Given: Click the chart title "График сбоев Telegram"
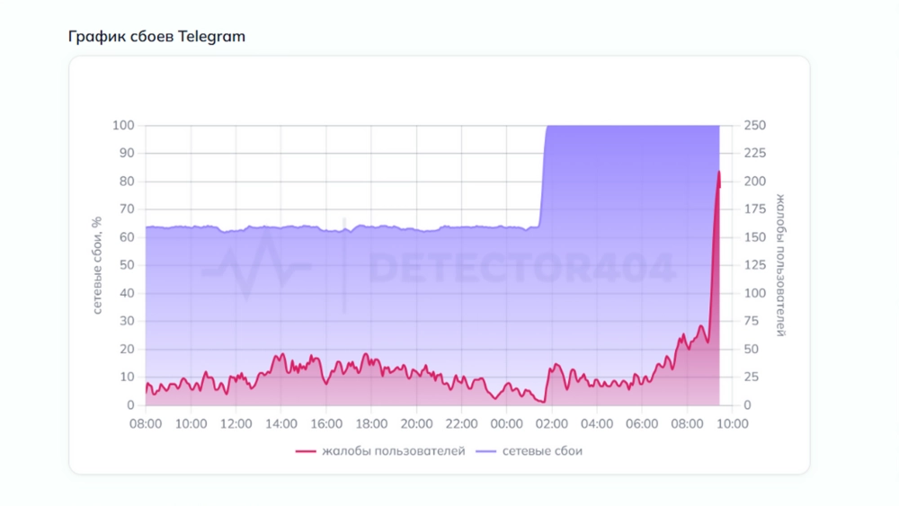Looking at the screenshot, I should tap(156, 37).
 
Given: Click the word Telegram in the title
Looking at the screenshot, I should tap(211, 37).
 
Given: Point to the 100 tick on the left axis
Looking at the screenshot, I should tap(122, 126).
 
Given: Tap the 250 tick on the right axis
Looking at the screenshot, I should tap(754, 126).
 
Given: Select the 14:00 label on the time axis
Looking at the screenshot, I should tap(281, 424).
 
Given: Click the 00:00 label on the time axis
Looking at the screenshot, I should tap(506, 424).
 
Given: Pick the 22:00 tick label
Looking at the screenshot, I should tap(461, 424).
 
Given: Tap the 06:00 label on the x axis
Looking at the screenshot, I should tap(642, 424).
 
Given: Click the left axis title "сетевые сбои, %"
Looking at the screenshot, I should tap(97, 266).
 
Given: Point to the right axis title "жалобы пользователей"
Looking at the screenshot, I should tap(780, 265).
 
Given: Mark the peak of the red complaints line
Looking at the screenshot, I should tap(718, 172).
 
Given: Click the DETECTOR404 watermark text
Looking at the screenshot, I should tap(521, 267).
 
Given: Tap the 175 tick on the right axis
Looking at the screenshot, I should tap(754, 209).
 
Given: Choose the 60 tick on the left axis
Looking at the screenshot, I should tap(126, 237).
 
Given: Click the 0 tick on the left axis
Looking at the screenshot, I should tap(129, 405).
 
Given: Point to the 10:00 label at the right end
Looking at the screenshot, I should tap(732, 424).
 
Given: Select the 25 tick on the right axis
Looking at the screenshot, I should tap(751, 377).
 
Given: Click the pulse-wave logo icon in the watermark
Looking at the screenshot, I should tap(255, 266).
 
